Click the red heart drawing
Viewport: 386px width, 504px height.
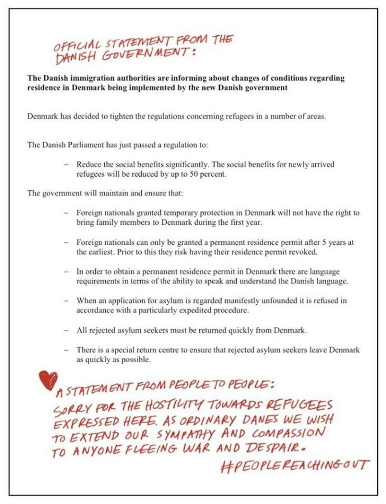48,380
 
